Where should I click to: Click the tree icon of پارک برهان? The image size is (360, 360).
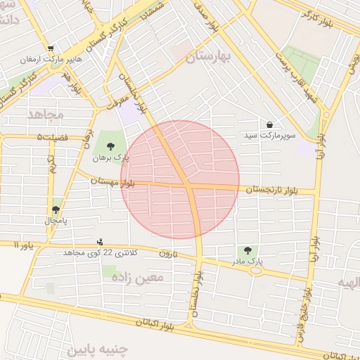(110, 146)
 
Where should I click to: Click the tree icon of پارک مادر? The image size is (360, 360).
(247, 250)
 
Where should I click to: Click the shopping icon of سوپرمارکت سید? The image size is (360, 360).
(270, 124)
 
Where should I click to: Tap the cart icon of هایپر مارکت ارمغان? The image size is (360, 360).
(51, 49)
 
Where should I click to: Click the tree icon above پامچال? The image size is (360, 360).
(56, 210)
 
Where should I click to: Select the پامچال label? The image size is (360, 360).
(56, 221)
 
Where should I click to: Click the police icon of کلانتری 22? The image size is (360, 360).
(100, 242)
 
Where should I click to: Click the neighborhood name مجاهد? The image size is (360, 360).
(46, 113)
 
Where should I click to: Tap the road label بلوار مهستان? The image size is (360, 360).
(112, 181)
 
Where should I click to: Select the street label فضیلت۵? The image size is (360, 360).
(53, 137)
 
